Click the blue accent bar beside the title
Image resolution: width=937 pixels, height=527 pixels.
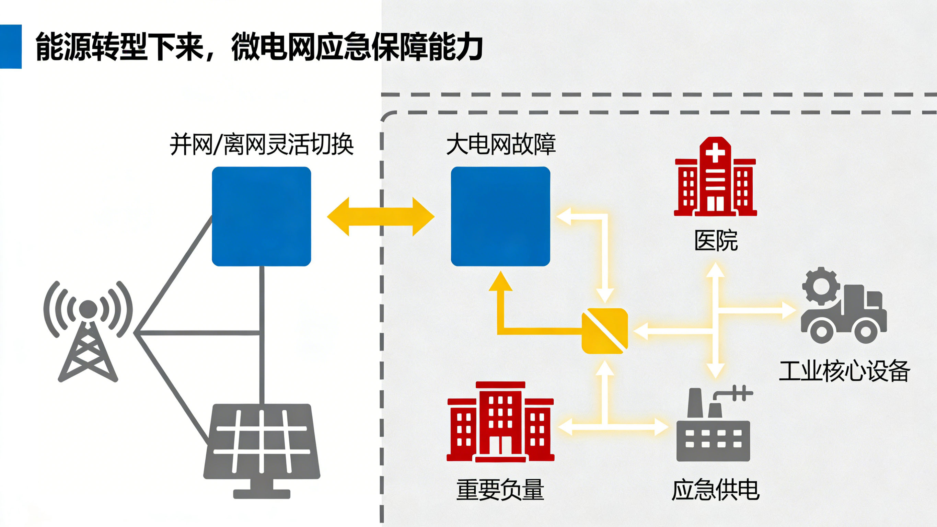coord(11,46)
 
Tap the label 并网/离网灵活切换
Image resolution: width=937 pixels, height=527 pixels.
coord(262,145)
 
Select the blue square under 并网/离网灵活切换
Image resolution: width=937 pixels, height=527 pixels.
coord(261,216)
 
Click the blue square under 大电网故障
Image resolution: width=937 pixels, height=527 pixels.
coord(500,216)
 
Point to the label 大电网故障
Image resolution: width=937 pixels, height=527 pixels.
coord(500,145)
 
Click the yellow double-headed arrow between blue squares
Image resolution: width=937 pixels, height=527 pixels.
coord(381,217)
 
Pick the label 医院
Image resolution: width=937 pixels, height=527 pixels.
coord(716,241)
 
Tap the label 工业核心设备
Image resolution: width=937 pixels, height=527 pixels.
coord(844,371)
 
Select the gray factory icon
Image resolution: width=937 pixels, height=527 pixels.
coord(713,429)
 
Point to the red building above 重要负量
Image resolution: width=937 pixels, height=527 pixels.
coord(500,422)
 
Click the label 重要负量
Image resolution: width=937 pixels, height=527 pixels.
coord(500,490)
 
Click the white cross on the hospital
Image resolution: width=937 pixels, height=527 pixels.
coord(715,153)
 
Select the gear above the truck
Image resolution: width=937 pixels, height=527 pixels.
coord(821,286)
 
